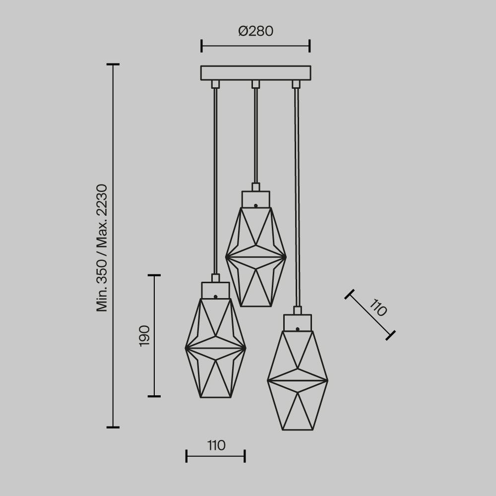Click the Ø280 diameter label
pos(255,31)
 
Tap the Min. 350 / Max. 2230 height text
pos(102,248)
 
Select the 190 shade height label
pos(144,336)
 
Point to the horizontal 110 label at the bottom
pos(216,445)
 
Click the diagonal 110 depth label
pos(378,309)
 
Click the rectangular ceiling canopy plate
pos(255,73)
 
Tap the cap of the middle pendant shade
pos(256,199)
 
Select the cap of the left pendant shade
pos(215,290)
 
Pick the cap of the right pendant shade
pos(297,323)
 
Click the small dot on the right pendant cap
pos(297,329)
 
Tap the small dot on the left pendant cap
pos(215,296)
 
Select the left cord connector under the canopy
pos(215,84)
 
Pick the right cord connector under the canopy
pos(296,84)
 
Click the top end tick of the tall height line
pos(113,64)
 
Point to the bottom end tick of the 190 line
pos(154,396)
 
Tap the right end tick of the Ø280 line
pos(310,46)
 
